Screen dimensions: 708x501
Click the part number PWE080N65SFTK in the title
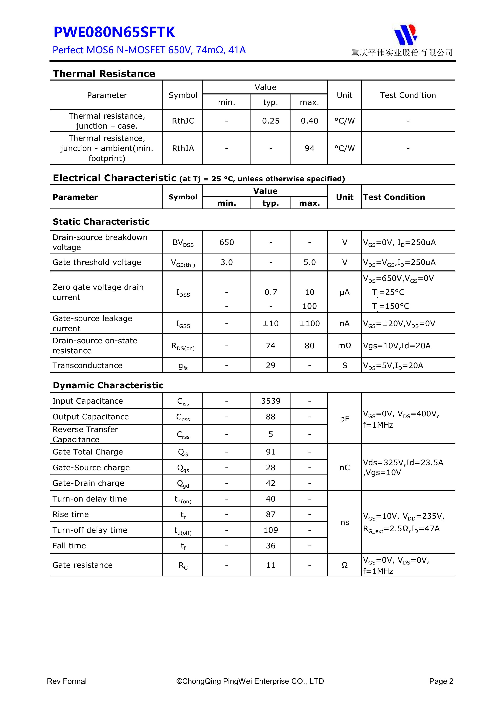coord(114,32)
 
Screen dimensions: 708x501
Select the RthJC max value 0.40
coord(309,121)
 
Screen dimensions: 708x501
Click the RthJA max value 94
coord(309,148)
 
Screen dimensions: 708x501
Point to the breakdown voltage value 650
coord(227,242)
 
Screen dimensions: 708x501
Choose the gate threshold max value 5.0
coord(309,262)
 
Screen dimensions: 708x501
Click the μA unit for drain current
coord(344,292)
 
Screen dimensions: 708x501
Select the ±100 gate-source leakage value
coord(309,324)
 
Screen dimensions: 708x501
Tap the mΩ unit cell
coord(344,346)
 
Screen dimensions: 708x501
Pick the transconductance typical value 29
coord(270,366)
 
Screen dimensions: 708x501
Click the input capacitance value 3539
coord(271,401)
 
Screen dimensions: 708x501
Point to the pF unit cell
coord(344,419)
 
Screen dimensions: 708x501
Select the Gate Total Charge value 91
coord(270,452)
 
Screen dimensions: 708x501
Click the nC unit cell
coord(344,467)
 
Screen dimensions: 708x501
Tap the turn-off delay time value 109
coord(271,530)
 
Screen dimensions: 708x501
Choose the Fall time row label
coord(69,546)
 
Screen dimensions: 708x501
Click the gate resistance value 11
coord(270,565)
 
